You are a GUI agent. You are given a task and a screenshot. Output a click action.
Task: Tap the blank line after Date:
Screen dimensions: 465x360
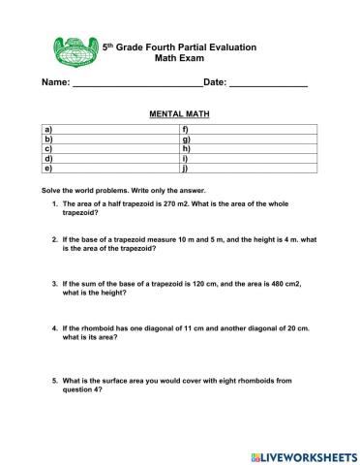pyautogui.click(x=268, y=89)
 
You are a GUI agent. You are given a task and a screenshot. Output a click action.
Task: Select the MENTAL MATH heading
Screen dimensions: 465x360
pyautogui.click(x=179, y=114)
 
